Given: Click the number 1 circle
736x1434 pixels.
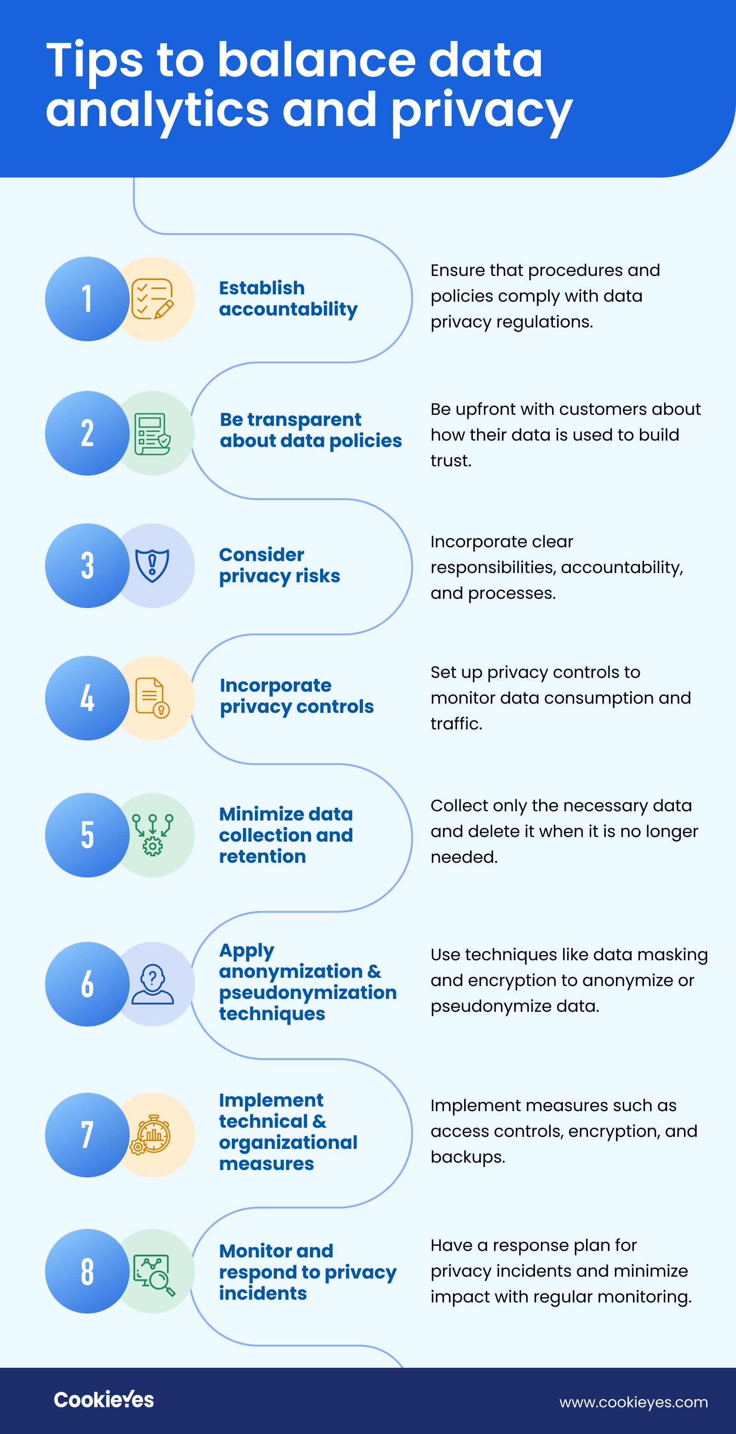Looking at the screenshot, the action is [87, 299].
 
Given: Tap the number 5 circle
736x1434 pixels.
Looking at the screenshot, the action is [87, 835].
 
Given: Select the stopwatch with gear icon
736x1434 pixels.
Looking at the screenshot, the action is [150, 1135].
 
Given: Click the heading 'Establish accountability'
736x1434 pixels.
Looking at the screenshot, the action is [288, 299].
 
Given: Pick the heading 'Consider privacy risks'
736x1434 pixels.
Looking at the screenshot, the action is [280, 566].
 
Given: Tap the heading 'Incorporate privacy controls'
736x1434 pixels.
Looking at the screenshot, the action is [297, 696].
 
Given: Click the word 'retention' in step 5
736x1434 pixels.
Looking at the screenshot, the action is [262, 856].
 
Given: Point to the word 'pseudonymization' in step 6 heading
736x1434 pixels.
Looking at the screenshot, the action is [308, 993].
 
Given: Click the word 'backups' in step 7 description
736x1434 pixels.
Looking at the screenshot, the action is [466, 1157].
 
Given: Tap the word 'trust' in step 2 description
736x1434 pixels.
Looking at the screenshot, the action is [450, 460].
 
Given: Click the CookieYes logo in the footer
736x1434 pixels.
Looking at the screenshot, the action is [103, 1400].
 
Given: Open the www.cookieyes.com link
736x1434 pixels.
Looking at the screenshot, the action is [633, 1402].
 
